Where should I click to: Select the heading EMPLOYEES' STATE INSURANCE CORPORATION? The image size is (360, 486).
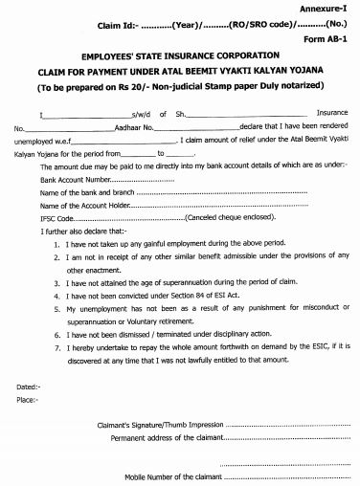point(181,58)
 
